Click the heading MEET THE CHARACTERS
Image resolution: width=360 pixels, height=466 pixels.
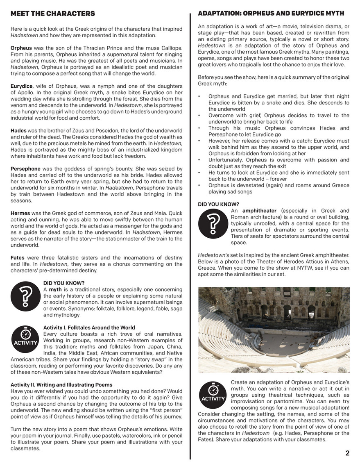(53, 14)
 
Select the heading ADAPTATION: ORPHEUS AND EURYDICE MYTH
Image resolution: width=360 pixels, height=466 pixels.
(271, 14)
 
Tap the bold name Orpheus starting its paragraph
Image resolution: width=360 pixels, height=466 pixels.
(21, 48)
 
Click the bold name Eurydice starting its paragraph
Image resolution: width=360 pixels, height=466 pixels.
(22, 86)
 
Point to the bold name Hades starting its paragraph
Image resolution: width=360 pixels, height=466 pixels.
(18, 130)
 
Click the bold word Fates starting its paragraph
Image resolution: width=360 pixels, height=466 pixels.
(18, 257)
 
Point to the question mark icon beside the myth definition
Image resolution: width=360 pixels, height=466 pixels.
(25, 296)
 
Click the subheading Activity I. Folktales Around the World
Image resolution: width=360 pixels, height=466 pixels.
(89, 327)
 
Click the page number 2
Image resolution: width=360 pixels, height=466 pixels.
(347, 453)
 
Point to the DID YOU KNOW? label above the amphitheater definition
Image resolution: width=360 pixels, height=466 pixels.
(218, 204)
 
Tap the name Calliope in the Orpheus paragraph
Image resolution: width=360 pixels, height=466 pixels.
(171, 48)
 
